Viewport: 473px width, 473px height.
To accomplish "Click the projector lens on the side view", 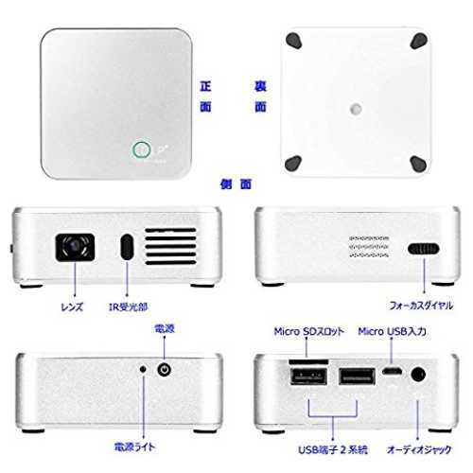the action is click(75, 247).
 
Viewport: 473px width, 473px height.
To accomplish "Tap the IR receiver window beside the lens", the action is click(127, 247).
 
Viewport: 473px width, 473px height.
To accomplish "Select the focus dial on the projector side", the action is click(423, 249).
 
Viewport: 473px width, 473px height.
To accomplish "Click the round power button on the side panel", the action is click(164, 369).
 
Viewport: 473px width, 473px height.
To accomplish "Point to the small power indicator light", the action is click(143, 369).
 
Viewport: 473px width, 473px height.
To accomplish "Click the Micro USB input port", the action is click(392, 371).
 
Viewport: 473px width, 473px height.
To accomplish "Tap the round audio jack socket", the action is click(418, 376).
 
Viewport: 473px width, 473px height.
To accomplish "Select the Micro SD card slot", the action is click(308, 361).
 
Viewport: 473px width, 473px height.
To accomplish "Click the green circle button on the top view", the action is click(141, 149).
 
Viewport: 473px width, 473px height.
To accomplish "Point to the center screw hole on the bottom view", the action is click(356, 109).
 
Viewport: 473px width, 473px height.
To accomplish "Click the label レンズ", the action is click(72, 307).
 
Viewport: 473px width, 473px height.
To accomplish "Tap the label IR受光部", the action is click(128, 307).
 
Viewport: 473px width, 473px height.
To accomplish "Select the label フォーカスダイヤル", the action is click(421, 306).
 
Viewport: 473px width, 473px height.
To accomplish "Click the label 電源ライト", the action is click(134, 447).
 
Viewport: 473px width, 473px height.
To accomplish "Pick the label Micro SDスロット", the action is click(309, 331).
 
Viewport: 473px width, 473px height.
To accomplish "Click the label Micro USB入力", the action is click(393, 331).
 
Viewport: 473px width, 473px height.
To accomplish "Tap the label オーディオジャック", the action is click(419, 449).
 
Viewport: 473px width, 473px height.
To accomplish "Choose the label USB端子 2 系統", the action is click(333, 449).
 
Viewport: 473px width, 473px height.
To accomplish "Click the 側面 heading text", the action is click(236, 184).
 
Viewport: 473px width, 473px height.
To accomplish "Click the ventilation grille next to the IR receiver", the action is click(170, 247).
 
